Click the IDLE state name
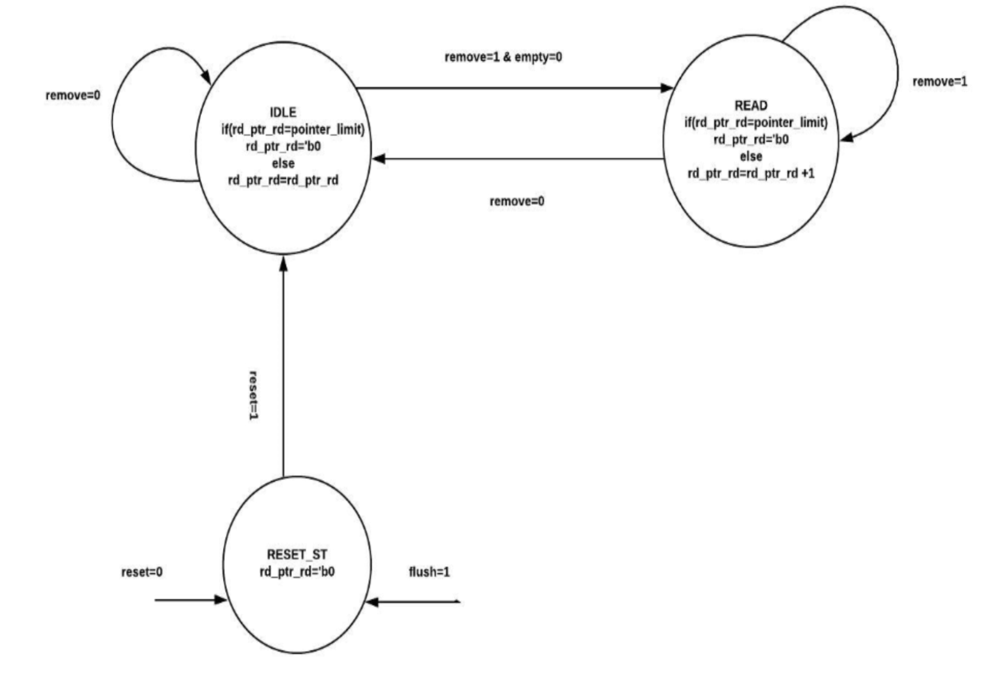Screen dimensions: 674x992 coord(283,112)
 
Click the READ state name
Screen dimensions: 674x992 coord(751,105)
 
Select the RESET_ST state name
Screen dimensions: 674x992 coord(297,554)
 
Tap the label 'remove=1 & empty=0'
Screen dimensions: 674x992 coord(503,57)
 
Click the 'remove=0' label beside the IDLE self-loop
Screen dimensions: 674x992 coord(73,96)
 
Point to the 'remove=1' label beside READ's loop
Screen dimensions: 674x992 coord(940,81)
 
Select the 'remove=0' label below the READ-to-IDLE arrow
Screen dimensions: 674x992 coord(517,201)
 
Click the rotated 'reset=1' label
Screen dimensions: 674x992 coord(254,395)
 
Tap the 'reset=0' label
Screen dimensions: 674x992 coord(142,572)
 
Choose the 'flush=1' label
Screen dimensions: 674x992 coord(429,572)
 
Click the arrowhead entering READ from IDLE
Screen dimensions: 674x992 coord(667,88)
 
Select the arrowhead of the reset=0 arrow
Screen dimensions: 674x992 coord(220,600)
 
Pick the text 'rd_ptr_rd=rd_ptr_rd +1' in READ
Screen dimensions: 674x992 coord(751,173)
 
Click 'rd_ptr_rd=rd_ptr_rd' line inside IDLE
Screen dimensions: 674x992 coord(283,180)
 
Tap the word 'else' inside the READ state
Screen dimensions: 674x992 coord(751,156)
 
